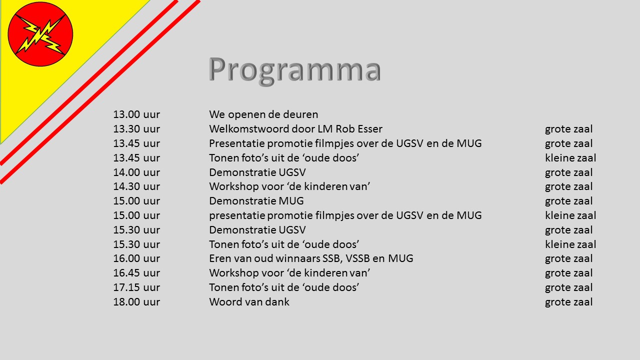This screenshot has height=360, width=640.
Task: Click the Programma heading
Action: click(x=295, y=70)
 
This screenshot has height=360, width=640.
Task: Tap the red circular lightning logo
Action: click(x=40, y=34)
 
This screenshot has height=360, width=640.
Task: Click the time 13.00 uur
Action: click(x=136, y=114)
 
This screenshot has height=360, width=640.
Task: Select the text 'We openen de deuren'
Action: click(x=263, y=114)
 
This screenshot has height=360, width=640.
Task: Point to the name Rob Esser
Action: click(x=359, y=129)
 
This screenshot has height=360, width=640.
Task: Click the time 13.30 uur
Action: click(x=136, y=129)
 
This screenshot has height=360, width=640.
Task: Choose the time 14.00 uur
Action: click(x=136, y=172)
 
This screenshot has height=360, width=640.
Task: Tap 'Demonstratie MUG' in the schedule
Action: click(x=256, y=201)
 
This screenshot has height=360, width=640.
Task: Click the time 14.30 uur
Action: click(x=136, y=186)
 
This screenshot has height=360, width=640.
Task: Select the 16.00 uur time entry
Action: click(x=136, y=258)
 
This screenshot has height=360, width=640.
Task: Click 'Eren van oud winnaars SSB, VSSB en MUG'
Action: click(x=311, y=258)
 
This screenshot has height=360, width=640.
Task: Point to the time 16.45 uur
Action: click(x=136, y=273)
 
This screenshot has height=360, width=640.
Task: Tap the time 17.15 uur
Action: click(x=136, y=287)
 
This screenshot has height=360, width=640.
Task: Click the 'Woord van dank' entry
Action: click(x=249, y=301)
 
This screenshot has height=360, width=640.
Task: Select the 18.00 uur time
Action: click(x=136, y=301)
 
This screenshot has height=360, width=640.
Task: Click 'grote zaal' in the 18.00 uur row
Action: click(x=568, y=302)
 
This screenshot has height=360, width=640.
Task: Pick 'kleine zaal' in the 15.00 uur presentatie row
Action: click(x=570, y=215)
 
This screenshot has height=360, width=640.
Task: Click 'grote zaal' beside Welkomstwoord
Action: click(x=568, y=129)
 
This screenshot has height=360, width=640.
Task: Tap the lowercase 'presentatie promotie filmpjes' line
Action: click(x=345, y=215)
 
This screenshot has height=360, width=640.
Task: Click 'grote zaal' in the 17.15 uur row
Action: click(x=568, y=287)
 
